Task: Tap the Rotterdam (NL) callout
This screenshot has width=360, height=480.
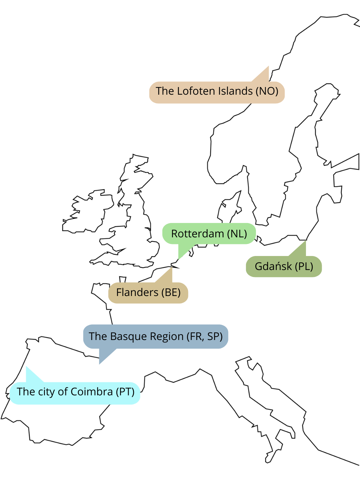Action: click(209, 233)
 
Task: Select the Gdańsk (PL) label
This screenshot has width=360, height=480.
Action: click(284, 266)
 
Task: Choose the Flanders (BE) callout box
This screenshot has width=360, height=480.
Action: click(148, 293)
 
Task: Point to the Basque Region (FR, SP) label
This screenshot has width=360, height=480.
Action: click(155, 336)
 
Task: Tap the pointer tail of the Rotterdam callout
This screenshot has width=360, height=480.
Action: click(184, 251)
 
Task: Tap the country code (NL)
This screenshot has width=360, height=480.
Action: click(237, 234)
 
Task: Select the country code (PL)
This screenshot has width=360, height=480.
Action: click(304, 266)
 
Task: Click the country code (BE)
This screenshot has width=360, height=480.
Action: click(171, 293)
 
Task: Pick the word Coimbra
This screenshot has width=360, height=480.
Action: click(92, 392)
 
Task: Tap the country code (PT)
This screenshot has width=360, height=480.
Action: click(125, 392)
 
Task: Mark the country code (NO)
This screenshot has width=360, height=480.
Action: click(267, 91)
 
